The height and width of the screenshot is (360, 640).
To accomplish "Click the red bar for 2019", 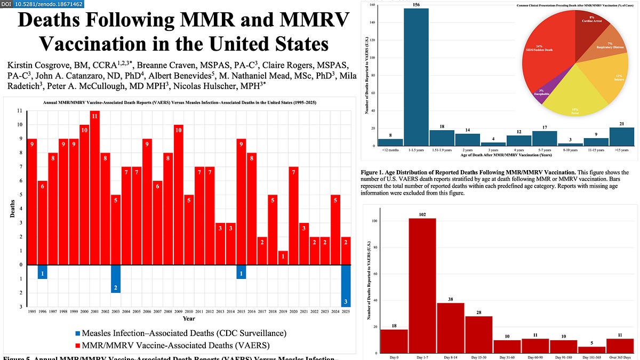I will [283, 258].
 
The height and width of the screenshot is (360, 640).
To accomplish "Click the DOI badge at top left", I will [46, 4].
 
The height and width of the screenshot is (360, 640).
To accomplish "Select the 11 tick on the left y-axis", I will [19, 111].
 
